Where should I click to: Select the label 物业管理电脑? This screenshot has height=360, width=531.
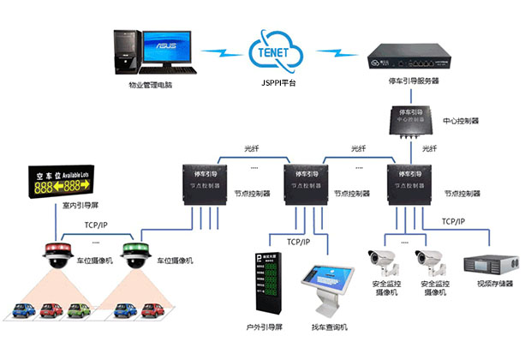151,86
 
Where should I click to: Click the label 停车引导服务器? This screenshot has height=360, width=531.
415,82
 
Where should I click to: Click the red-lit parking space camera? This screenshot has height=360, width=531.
57,256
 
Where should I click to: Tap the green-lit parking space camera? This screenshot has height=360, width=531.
135,256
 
